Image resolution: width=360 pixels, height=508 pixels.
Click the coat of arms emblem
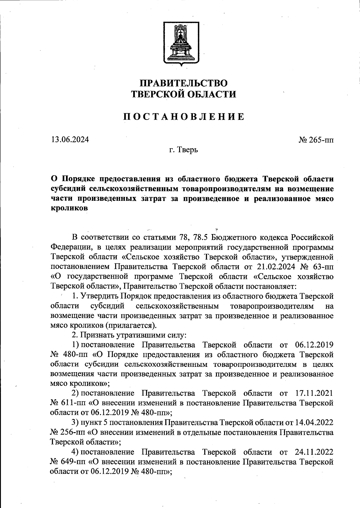[x=181, y=42]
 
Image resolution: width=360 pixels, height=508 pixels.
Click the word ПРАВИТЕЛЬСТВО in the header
[x=184, y=83]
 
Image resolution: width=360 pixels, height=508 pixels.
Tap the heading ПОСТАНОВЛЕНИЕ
[x=184, y=117]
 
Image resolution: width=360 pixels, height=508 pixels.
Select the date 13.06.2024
[x=70, y=139]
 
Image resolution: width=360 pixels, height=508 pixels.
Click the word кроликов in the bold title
[x=69, y=208]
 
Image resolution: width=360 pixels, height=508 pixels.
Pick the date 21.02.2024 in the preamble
[x=274, y=266]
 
